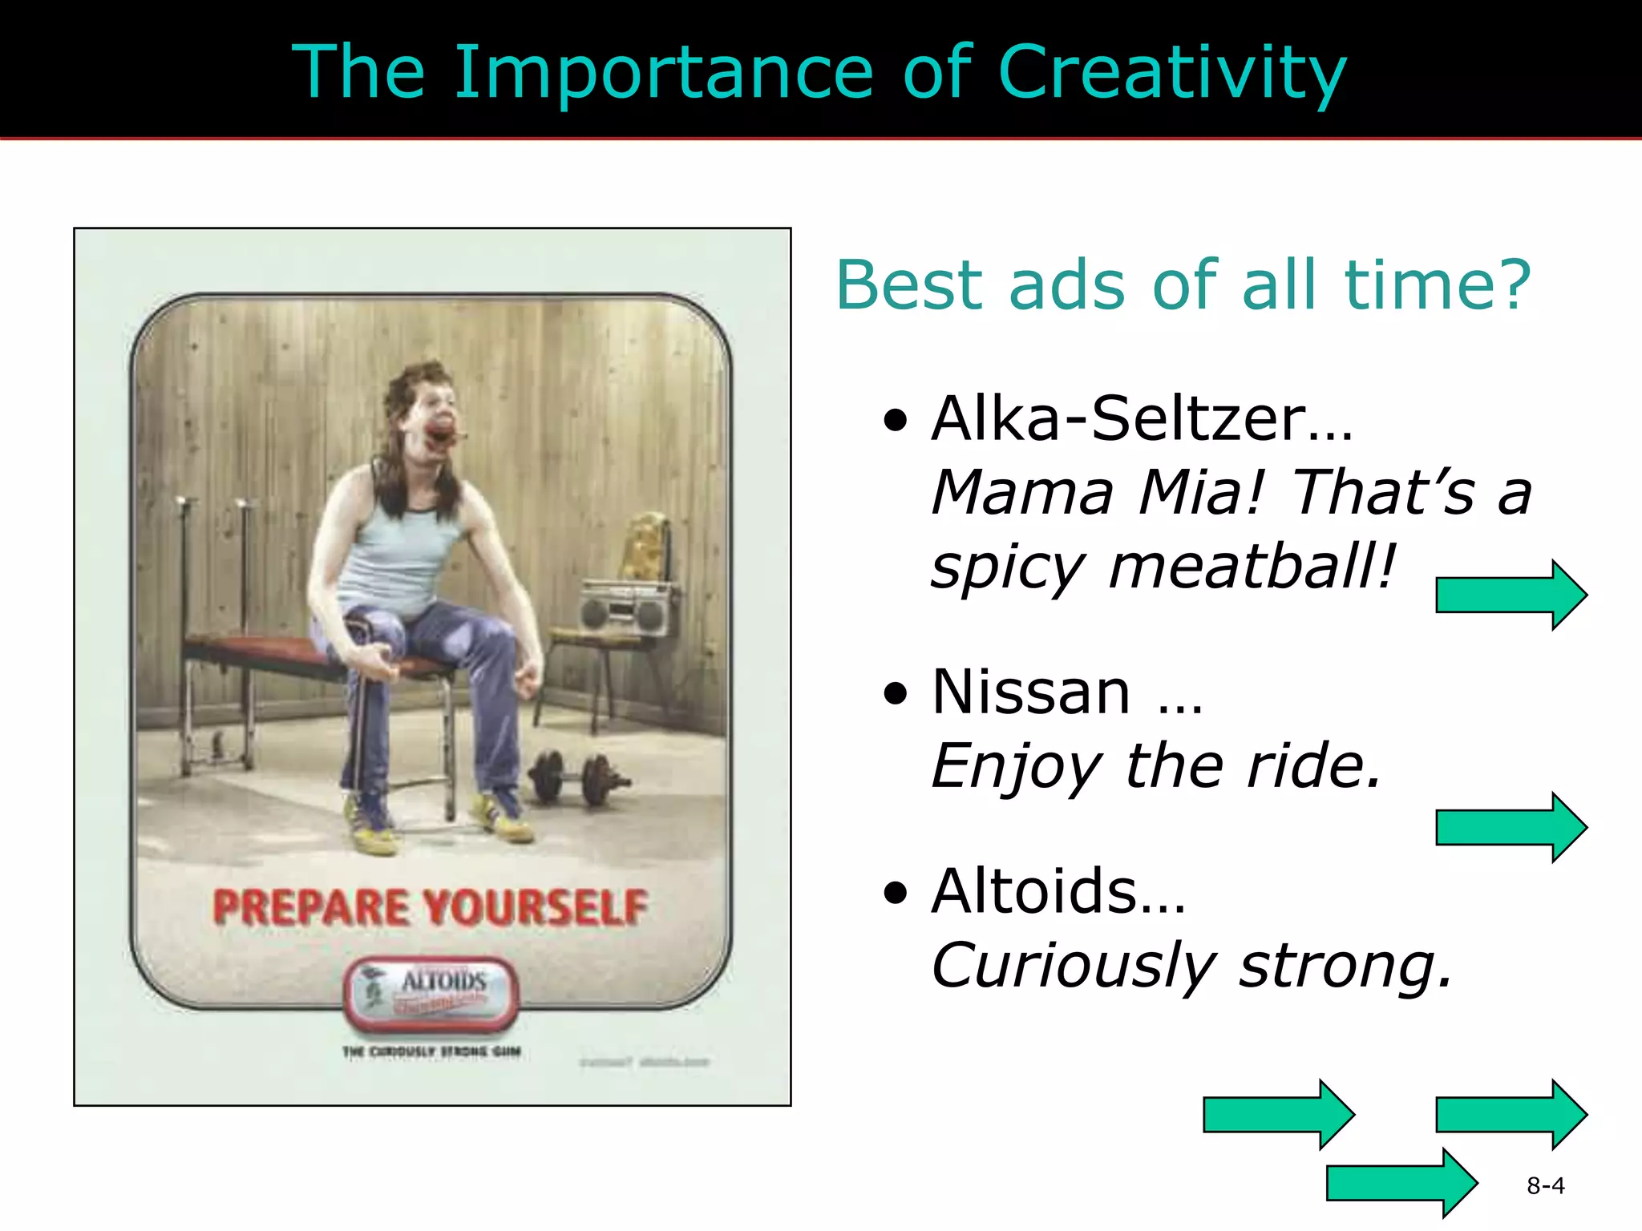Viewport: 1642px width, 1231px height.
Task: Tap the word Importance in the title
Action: click(x=664, y=74)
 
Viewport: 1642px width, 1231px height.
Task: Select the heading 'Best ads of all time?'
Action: click(x=1183, y=285)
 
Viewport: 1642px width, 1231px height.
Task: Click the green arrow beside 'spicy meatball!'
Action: click(x=1511, y=595)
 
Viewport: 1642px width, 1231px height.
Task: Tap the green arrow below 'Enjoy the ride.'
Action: click(x=1511, y=827)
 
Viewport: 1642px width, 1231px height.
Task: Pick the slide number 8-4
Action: click(x=1545, y=1185)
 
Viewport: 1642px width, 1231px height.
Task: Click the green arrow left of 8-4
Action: click(x=1401, y=1183)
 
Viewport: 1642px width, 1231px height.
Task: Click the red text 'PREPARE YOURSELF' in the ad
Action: click(x=431, y=907)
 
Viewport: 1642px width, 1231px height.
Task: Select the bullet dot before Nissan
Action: click(x=896, y=693)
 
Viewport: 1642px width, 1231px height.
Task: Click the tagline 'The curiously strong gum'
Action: click(x=431, y=1051)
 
